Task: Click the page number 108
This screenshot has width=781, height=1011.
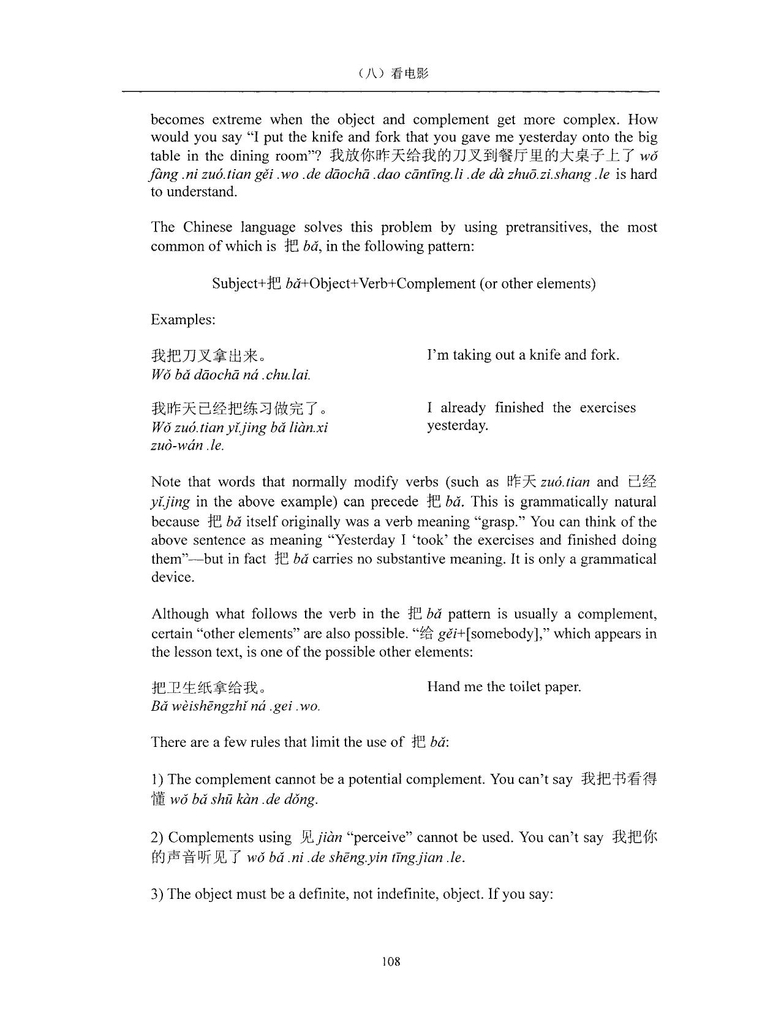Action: [x=391, y=961]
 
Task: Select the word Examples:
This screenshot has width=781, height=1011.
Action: [x=183, y=319]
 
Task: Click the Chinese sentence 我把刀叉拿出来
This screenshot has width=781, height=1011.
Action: [x=207, y=355]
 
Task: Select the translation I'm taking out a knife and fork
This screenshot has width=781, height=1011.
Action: [x=523, y=355]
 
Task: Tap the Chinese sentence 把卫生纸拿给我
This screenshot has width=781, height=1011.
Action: [x=207, y=687]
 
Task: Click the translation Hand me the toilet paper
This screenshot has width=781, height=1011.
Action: [x=504, y=686]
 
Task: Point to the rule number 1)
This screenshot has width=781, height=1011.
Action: [x=157, y=779]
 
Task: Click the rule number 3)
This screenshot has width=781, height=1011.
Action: [x=157, y=894]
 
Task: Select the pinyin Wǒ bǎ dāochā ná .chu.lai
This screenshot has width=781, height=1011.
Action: [x=230, y=374]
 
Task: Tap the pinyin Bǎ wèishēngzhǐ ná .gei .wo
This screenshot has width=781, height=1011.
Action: [x=235, y=706]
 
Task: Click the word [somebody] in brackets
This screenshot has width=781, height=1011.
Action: [x=502, y=634]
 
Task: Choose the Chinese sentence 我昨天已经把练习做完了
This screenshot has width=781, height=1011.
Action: [x=239, y=409]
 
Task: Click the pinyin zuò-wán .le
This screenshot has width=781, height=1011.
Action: [x=187, y=445]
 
